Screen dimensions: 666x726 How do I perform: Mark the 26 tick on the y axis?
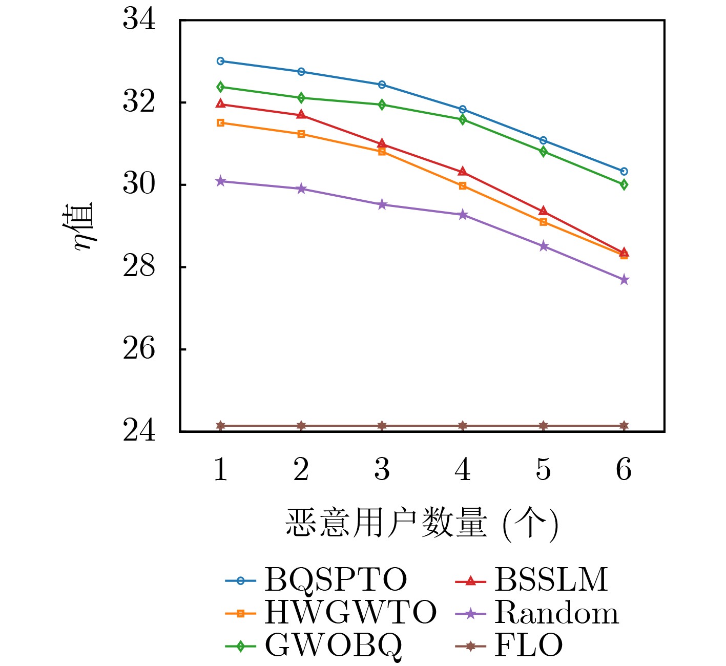(x=139, y=349)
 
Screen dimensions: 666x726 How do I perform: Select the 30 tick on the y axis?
(x=139, y=184)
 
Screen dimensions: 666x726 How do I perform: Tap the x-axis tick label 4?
(x=463, y=469)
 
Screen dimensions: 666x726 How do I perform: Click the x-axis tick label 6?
(x=624, y=469)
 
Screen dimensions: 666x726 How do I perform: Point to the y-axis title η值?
(x=84, y=225)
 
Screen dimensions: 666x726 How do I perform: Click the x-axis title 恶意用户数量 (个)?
(x=422, y=524)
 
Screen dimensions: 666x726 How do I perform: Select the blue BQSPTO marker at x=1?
(x=221, y=61)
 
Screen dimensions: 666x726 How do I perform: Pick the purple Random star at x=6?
(x=624, y=280)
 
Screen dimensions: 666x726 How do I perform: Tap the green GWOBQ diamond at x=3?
(x=382, y=105)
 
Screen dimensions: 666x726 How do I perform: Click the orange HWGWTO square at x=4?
(x=463, y=185)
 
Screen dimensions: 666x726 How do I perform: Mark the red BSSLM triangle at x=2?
(x=301, y=115)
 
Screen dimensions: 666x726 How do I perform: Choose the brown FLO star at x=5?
(x=544, y=426)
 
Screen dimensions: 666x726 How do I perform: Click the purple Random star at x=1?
(x=221, y=181)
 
